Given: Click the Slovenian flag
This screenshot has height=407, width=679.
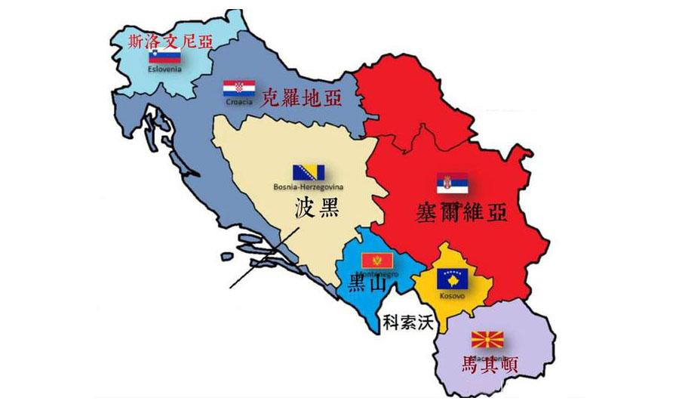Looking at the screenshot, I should (x=164, y=56).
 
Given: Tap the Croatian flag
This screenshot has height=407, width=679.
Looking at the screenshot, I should (x=238, y=88).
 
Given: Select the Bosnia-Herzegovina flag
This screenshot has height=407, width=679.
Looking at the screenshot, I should (x=309, y=173).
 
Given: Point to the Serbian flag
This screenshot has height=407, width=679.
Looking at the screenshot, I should (x=452, y=183).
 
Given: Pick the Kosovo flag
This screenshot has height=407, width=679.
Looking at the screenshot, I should (x=453, y=278).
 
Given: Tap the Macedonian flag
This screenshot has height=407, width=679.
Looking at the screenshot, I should (x=487, y=338).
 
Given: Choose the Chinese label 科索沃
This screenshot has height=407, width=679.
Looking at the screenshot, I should (x=408, y=322).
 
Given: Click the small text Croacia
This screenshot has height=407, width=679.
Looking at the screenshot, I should (x=238, y=100).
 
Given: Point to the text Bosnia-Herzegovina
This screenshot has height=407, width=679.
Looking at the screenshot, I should (x=308, y=187).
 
